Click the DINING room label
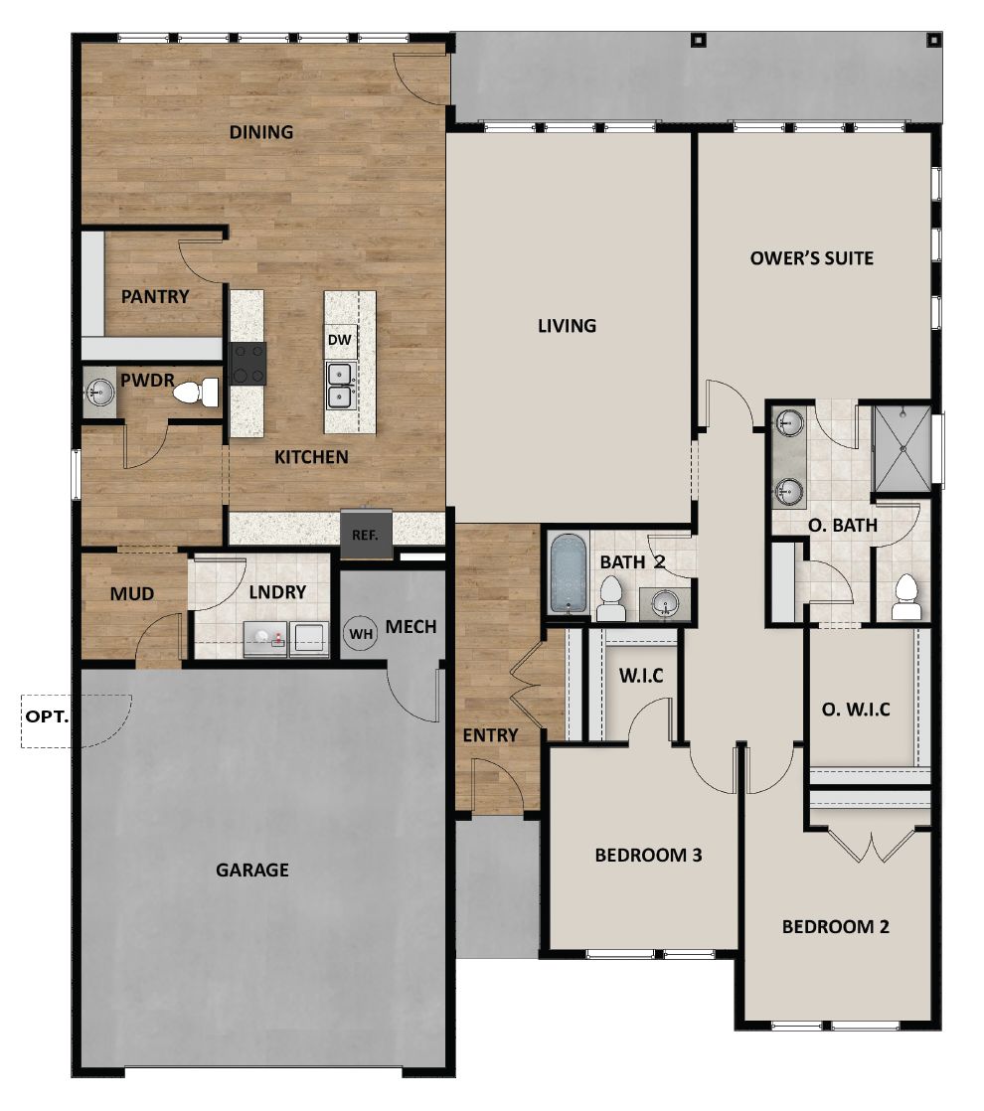[x=261, y=132]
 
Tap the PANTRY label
[x=155, y=296]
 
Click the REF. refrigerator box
[x=366, y=532]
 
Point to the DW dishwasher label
[x=340, y=340]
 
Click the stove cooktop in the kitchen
[x=247, y=364]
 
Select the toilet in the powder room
[x=198, y=393]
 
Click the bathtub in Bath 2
[x=569, y=574]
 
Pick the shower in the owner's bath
[x=902, y=448]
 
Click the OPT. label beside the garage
[x=47, y=714]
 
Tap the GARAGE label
[x=252, y=871]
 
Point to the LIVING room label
[x=567, y=325]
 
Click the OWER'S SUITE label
[x=812, y=258]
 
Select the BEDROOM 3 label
[x=648, y=855]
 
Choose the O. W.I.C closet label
[x=856, y=710]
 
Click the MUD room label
[x=132, y=594]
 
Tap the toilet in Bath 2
[x=610, y=599]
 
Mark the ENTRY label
[x=491, y=735]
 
